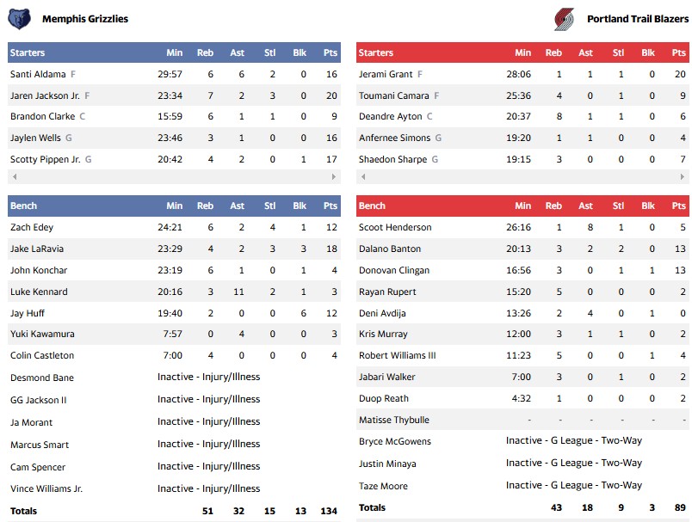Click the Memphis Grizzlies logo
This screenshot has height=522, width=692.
click(x=19, y=18)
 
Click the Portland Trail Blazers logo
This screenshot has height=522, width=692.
click(x=564, y=18)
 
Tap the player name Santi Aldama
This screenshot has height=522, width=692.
click(x=39, y=74)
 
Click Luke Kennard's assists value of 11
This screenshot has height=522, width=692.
click(x=237, y=292)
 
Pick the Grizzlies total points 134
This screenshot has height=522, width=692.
click(x=327, y=511)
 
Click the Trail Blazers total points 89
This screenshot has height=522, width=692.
click(x=679, y=508)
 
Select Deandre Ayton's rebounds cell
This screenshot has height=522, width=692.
click(x=559, y=116)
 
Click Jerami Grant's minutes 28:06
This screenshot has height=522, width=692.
click(x=518, y=74)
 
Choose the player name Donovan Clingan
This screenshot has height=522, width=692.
click(x=394, y=270)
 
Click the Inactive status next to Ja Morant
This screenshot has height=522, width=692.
click(x=208, y=421)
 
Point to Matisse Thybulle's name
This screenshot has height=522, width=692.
click(x=394, y=420)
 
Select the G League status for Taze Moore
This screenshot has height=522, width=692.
click(x=573, y=485)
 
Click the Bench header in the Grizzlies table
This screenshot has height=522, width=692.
click(x=23, y=206)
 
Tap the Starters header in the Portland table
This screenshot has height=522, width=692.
click(x=376, y=52)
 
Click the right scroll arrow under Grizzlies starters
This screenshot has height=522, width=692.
click(x=335, y=176)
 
